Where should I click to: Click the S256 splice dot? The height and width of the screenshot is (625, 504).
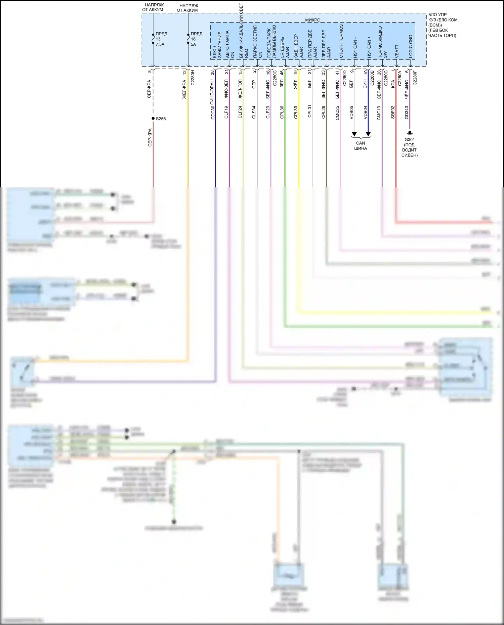[x=153, y=119]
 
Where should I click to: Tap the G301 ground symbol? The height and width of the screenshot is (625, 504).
[x=410, y=133]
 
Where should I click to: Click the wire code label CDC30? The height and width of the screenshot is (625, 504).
[x=213, y=113]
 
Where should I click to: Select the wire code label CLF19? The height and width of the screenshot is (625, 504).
[x=226, y=112]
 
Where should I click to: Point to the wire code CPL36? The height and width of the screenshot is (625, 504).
[x=282, y=112]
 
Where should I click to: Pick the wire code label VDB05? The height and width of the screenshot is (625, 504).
[x=351, y=113]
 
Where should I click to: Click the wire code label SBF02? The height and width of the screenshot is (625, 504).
[x=393, y=112]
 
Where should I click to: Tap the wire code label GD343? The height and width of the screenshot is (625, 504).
[x=407, y=113]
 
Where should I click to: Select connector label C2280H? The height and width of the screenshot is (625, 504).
[x=193, y=78]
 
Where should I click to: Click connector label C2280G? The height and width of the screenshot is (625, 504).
[x=275, y=78]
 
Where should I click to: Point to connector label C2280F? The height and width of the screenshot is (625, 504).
[x=415, y=78]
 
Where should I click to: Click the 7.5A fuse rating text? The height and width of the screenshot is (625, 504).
[x=160, y=44]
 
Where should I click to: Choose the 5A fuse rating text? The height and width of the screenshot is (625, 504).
[x=193, y=44]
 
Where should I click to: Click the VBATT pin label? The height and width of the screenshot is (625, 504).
[x=397, y=51]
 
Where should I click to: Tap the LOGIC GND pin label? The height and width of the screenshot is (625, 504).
[x=411, y=46]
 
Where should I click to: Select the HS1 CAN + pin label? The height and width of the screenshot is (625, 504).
[x=369, y=47]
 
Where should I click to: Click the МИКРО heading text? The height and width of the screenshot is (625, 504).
[x=312, y=20]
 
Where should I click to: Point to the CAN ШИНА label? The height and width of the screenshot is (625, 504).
[x=361, y=146]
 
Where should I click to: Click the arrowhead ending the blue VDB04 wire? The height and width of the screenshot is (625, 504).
[x=368, y=134]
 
